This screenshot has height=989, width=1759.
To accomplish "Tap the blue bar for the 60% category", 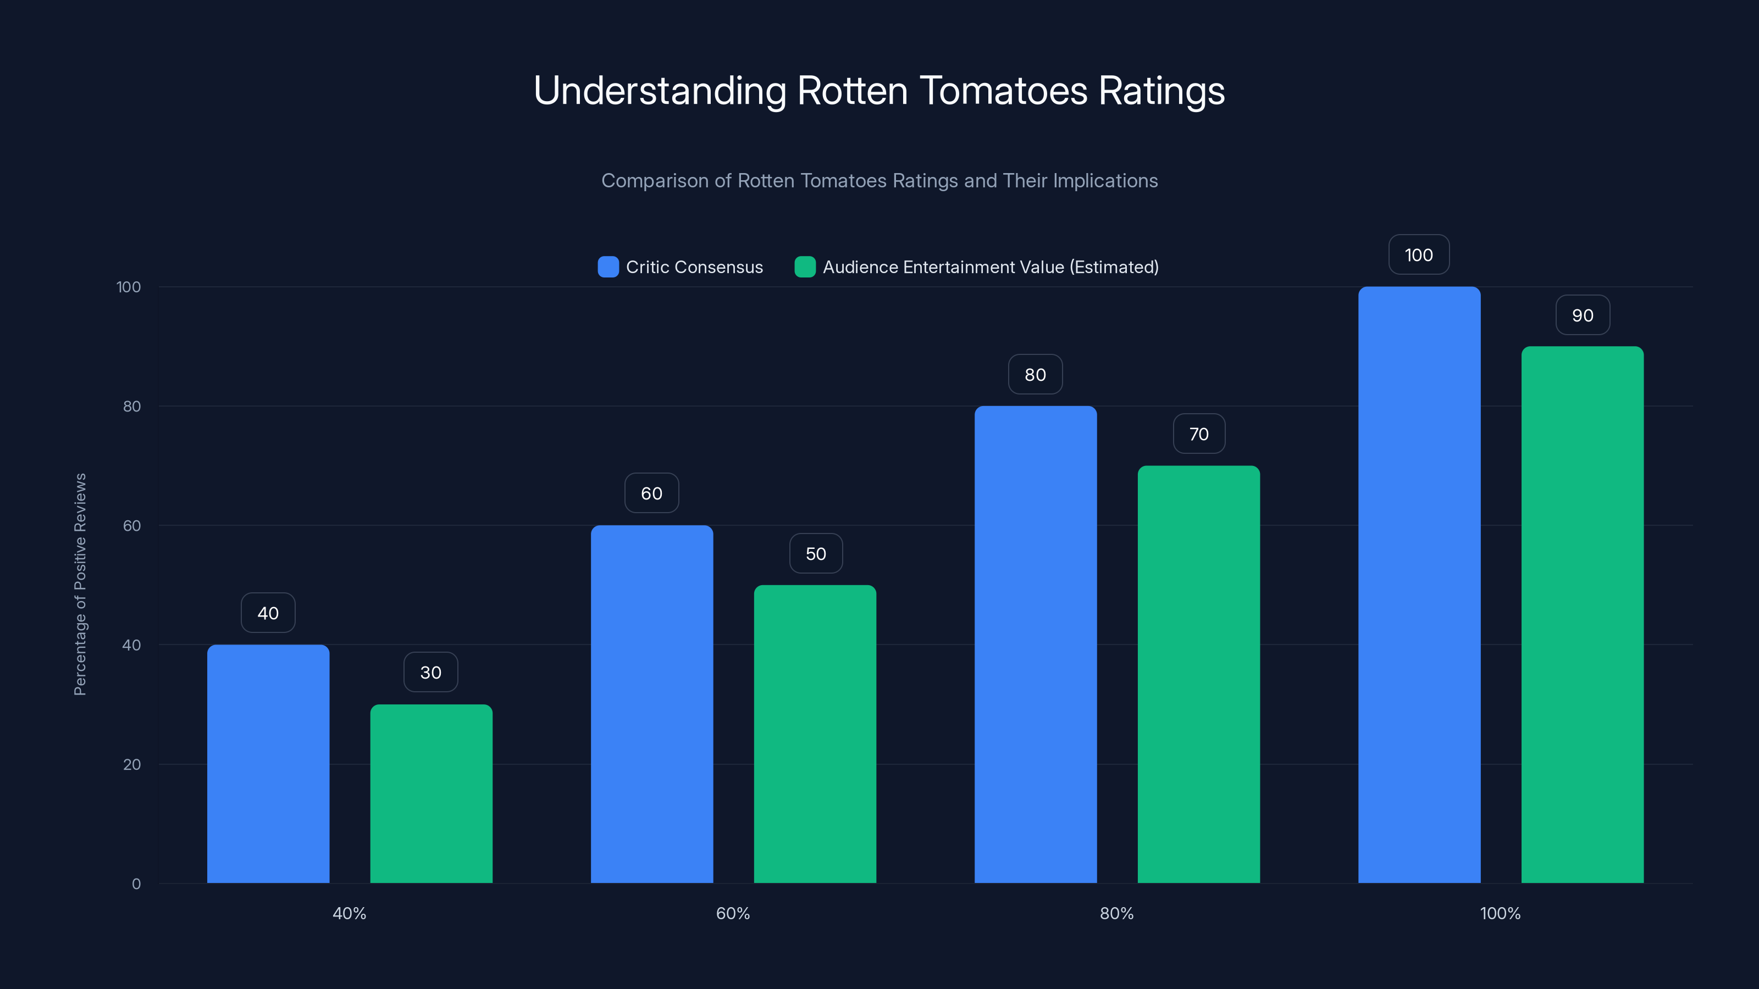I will [x=651, y=704].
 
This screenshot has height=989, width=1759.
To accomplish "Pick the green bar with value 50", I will [x=815, y=734].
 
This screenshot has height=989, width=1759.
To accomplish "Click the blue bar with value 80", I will [x=1035, y=644].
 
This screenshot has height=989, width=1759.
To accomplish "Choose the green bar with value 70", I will [x=1198, y=674].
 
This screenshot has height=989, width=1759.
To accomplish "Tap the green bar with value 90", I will [x=1582, y=614].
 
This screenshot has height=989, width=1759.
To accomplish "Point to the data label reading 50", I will [x=815, y=553].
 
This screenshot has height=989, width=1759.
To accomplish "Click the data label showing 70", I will [x=1198, y=434].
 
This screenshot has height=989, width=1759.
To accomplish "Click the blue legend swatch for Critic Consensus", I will [x=608, y=267].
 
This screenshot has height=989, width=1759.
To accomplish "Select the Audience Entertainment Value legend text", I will [x=990, y=267].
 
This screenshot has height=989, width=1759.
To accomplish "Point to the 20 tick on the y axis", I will [x=132, y=764].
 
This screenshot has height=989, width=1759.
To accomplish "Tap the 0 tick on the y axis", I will [x=136, y=884].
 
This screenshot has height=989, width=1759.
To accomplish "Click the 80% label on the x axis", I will [x=1116, y=913].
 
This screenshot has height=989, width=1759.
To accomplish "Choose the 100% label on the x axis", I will [x=1500, y=913].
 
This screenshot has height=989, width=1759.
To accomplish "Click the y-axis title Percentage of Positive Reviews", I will [x=80, y=584].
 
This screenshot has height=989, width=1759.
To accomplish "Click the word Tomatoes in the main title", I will [x=1003, y=91].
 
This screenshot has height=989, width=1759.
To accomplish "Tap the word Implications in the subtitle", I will [x=1105, y=181].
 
